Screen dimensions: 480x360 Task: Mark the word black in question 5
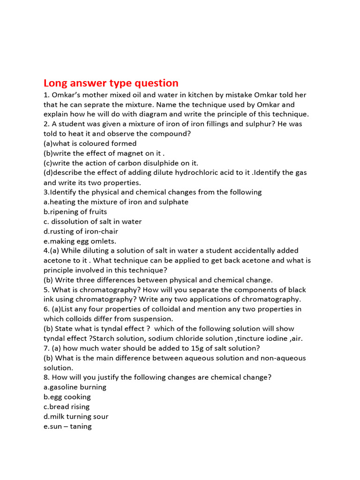pos(291,290)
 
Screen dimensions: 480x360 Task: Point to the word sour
pos(101,417)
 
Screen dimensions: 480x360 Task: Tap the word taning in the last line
pos(81,427)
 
